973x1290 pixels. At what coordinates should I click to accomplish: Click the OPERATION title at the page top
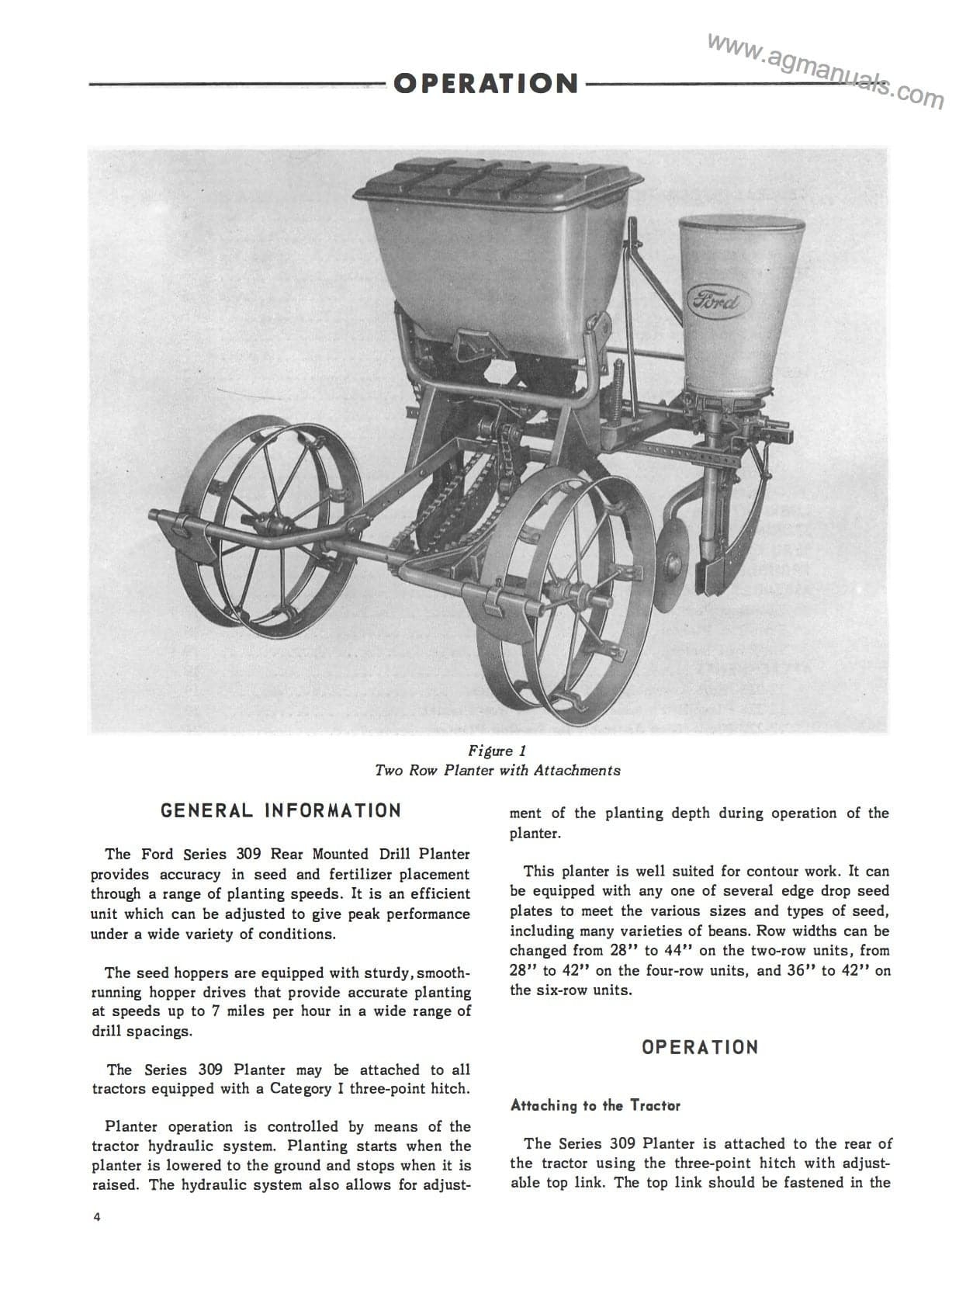[x=486, y=83]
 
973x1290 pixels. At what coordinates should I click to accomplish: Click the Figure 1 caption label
[x=497, y=751]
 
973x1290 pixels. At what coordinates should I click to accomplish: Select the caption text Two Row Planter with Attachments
[x=497, y=771]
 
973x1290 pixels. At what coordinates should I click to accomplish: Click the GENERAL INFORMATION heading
[x=281, y=811]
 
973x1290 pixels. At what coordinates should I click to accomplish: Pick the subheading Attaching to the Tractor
[x=595, y=1105]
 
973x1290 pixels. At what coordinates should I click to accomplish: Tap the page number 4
[x=97, y=1216]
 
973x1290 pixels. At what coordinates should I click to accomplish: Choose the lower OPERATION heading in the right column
[x=699, y=1047]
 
